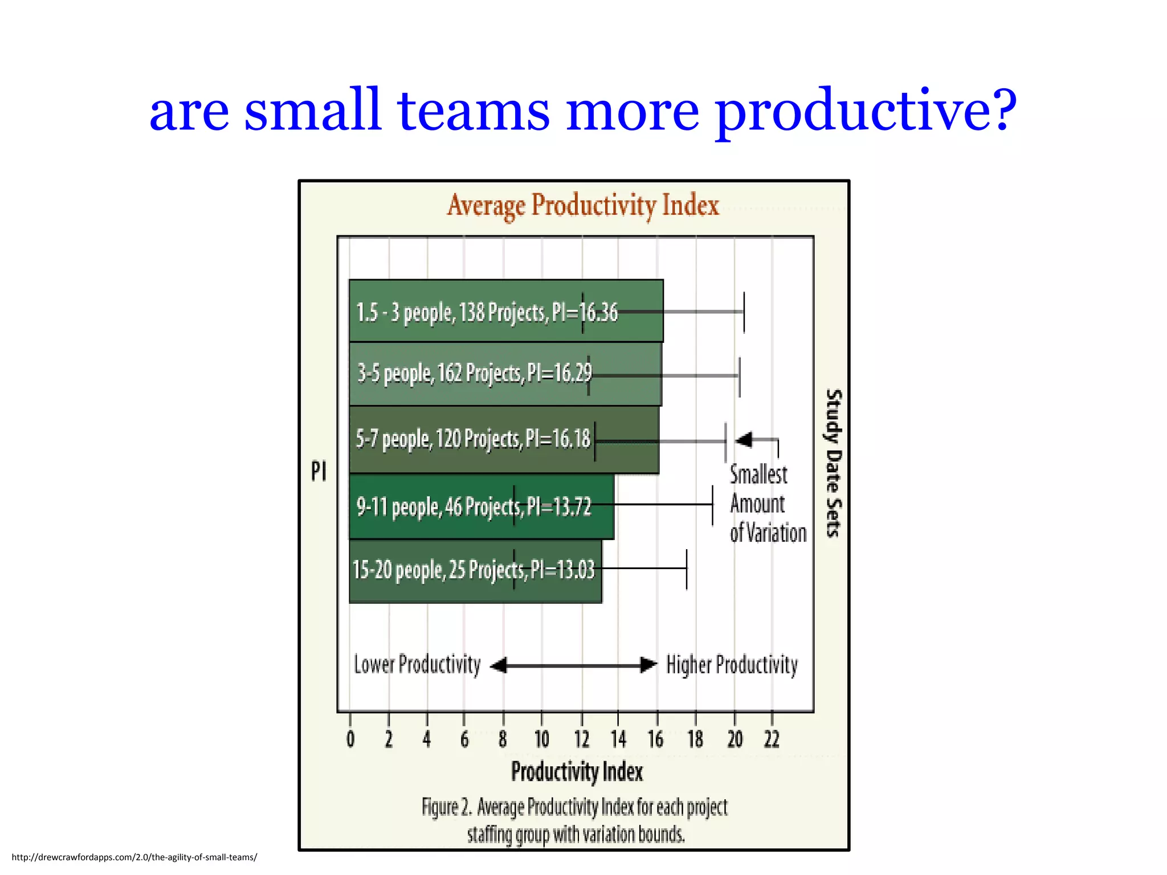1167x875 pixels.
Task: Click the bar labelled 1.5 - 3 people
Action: pyautogui.click(x=506, y=311)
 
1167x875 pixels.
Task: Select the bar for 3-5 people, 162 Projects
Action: pyautogui.click(x=505, y=374)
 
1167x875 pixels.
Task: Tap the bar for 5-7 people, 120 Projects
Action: pyautogui.click(x=504, y=439)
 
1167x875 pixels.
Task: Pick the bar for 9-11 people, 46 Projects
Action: pyautogui.click(x=482, y=506)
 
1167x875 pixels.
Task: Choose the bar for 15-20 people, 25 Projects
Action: pyautogui.click(x=475, y=570)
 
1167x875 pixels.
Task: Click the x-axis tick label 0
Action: pyautogui.click(x=350, y=739)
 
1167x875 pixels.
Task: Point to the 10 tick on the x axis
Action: pyautogui.click(x=541, y=739)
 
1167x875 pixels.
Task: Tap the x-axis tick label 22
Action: pyautogui.click(x=772, y=739)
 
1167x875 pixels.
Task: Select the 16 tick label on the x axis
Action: pyautogui.click(x=656, y=739)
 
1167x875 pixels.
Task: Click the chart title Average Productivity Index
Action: pyautogui.click(x=583, y=206)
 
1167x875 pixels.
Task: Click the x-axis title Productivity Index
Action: pyautogui.click(x=577, y=772)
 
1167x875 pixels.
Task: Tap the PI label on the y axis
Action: pyautogui.click(x=319, y=472)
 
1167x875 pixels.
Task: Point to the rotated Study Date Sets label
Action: pyautogui.click(x=833, y=463)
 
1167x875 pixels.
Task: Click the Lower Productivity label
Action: pyautogui.click(x=418, y=665)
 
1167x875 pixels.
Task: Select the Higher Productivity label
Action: pyautogui.click(x=732, y=665)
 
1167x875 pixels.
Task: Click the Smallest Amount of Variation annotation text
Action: pyautogui.click(x=767, y=504)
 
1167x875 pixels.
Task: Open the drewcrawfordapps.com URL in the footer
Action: pyautogui.click(x=134, y=857)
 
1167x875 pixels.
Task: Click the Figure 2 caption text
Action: pyautogui.click(x=575, y=820)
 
